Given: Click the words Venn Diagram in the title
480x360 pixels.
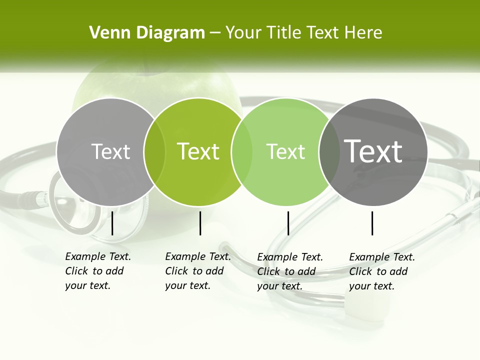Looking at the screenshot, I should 147,33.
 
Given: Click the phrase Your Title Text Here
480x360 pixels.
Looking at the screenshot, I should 303,33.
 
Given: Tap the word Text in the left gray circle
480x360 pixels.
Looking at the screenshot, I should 110,151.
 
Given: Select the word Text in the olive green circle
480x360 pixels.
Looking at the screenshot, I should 198,151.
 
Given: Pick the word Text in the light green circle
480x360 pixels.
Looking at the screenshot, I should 285,151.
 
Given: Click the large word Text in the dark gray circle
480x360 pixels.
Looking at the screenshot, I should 373,151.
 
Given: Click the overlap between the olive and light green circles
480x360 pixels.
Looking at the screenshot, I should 242,151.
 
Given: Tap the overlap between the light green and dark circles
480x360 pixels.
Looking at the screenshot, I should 329,151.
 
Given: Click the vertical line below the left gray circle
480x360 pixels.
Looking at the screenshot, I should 112,223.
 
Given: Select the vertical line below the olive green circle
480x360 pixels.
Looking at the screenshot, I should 200,223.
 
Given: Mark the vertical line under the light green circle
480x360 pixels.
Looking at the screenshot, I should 288,223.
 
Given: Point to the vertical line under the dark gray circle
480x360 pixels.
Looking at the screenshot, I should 372,223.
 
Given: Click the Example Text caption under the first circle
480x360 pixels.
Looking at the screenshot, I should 97,271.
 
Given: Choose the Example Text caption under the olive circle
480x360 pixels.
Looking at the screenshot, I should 197,271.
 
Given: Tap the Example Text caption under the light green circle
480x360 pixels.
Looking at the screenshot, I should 289,271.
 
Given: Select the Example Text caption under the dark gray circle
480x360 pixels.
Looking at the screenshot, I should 381,271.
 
